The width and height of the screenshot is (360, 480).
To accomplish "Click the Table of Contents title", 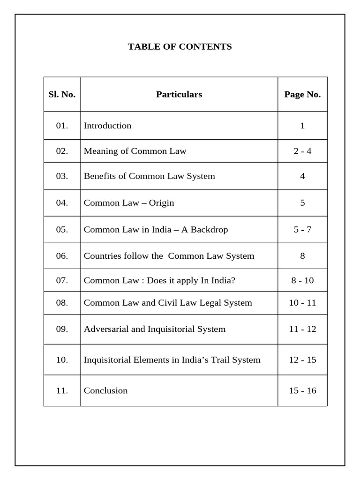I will (180, 47).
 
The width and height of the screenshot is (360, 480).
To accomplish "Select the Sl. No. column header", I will (62, 94).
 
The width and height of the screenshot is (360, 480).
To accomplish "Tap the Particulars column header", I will (179, 94).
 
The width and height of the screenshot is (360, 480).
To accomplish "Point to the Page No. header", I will (302, 94).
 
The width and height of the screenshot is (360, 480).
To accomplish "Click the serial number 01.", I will (62, 126).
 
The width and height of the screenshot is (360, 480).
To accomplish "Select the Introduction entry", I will (107, 126).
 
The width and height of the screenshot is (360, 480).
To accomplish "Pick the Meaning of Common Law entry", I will (135, 151).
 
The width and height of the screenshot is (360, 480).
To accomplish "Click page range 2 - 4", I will (302, 151).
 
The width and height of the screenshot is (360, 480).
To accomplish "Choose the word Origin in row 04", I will (161, 203).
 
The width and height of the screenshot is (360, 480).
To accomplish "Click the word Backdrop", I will (210, 230).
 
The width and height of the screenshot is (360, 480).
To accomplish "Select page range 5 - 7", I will (302, 230).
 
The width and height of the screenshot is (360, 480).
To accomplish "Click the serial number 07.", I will (62, 281).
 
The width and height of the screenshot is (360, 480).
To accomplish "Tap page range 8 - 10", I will (302, 281).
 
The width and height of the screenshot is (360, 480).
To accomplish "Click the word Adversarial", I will (106, 329).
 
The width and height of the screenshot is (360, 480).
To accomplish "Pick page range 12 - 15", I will (302, 360).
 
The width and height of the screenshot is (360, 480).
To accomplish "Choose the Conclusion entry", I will (105, 390).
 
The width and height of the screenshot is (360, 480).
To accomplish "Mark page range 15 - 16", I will (302, 390).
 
